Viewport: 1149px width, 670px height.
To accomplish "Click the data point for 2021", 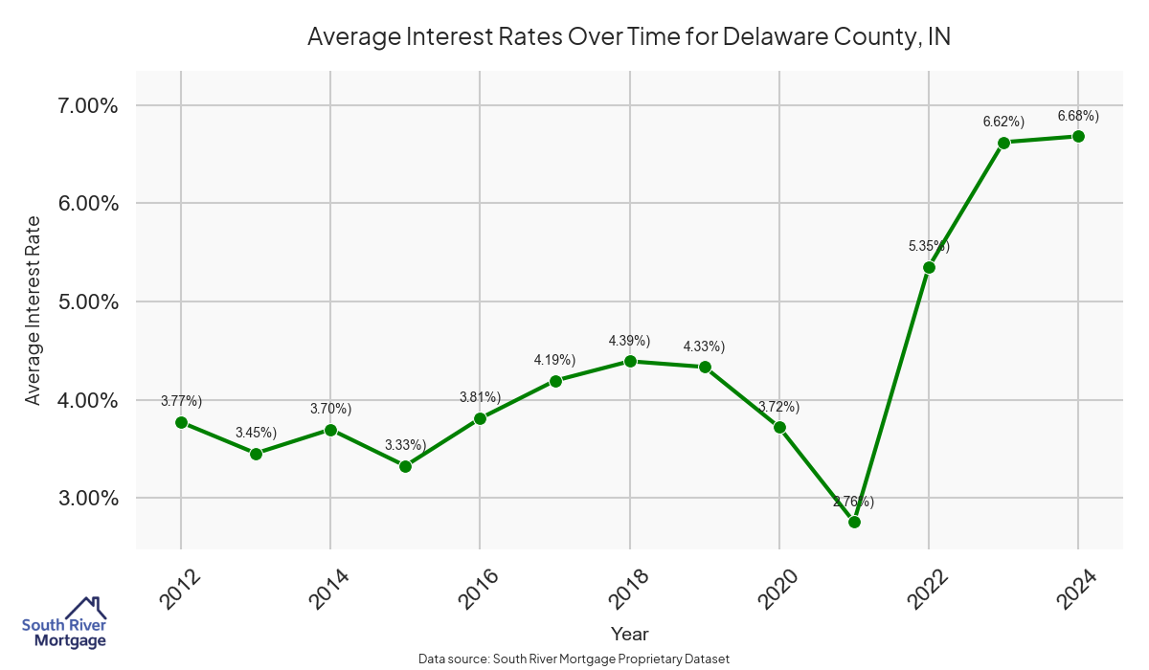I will (x=854, y=522).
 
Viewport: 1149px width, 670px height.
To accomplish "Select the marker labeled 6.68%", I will (x=1078, y=136).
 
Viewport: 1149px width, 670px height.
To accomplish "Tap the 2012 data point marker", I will (x=181, y=422).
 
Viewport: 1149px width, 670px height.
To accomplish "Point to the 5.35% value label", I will (x=929, y=246).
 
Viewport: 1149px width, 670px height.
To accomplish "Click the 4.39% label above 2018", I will (x=629, y=341).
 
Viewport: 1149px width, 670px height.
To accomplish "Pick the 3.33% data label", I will (x=405, y=445).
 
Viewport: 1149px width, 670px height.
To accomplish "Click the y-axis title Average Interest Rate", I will (x=34, y=309).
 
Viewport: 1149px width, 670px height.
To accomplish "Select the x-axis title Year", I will (x=629, y=634).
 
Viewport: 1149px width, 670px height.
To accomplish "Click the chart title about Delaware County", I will (x=628, y=37).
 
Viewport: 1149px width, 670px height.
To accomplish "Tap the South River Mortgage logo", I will (x=64, y=622).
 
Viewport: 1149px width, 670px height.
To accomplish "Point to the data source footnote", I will (x=574, y=659).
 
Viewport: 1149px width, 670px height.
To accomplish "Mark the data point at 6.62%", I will (x=1003, y=143).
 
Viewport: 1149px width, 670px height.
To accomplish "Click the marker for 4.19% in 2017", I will (x=554, y=381).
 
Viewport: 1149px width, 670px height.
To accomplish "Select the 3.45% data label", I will (x=256, y=433).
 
